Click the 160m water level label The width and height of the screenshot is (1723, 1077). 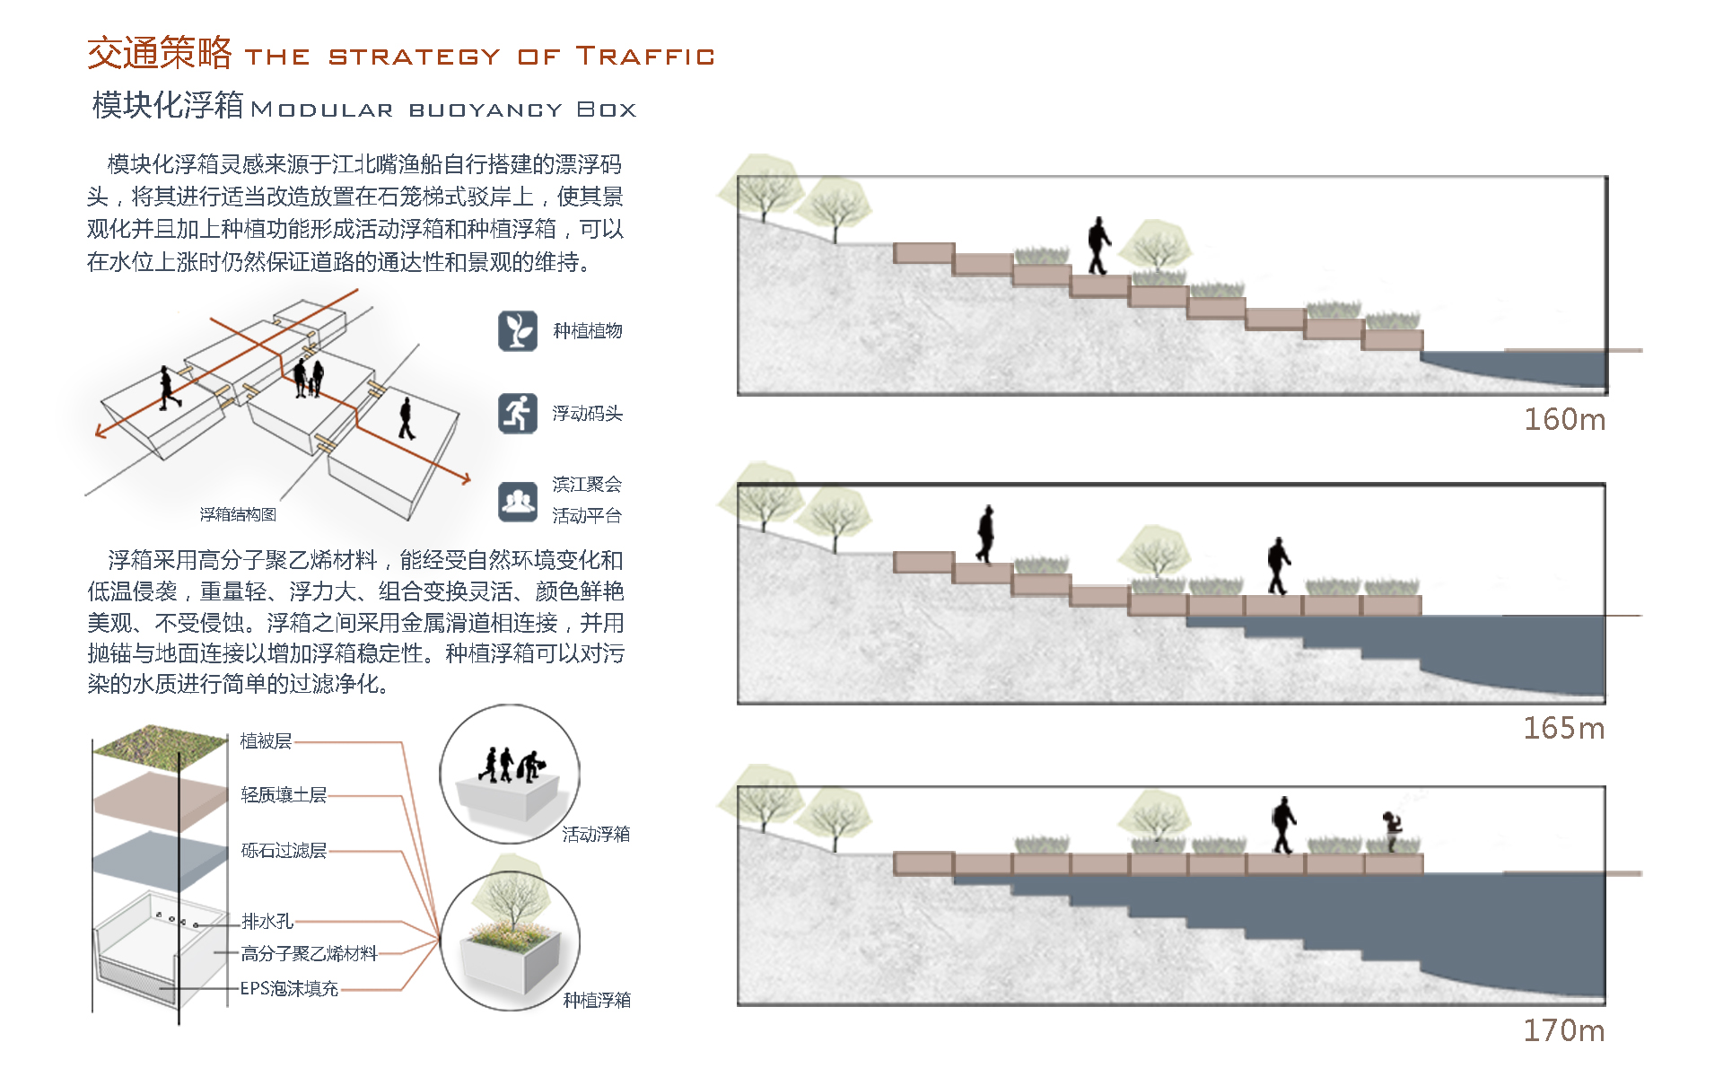pos(1564,419)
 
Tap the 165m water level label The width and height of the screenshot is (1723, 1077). pos(1563,728)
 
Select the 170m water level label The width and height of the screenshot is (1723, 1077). pos(1563,1030)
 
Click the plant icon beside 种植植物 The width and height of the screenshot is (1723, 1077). pos(518,330)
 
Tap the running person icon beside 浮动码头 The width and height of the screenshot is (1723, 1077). pos(518,413)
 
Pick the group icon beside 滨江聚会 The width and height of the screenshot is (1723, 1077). pos(518,501)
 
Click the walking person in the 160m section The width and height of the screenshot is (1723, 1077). pos(1098,245)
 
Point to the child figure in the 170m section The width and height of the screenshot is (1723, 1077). pos(1392,830)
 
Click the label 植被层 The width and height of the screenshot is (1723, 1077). pos(266,741)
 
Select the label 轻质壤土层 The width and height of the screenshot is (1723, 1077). pos(284,795)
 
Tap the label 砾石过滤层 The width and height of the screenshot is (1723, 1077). pos(284,851)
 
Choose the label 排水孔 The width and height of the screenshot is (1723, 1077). pos(267,922)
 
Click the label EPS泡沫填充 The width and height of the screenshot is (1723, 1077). pos(289,989)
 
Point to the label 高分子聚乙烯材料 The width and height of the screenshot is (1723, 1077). pos(309,954)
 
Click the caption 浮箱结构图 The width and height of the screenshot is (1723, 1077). pos(238,514)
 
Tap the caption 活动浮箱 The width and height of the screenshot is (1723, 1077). pos(596,835)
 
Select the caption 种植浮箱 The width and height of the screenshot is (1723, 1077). pos(597,1000)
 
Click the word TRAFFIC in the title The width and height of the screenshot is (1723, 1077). pos(645,57)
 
